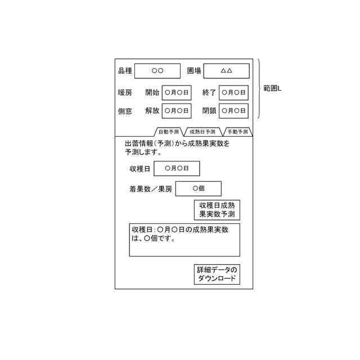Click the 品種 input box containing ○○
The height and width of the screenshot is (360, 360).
(x=157, y=71)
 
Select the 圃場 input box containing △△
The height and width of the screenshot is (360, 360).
(x=226, y=71)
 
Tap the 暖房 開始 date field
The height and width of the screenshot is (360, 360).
(x=177, y=93)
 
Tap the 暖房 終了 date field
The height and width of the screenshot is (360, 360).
(x=233, y=93)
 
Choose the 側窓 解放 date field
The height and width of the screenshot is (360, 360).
(x=177, y=111)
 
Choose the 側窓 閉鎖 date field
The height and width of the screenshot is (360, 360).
(x=233, y=111)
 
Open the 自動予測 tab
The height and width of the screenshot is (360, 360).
(x=168, y=132)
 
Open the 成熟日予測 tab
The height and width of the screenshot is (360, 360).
(x=202, y=132)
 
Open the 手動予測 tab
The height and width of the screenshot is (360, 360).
(x=237, y=132)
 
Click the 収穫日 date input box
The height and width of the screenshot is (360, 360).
(x=177, y=168)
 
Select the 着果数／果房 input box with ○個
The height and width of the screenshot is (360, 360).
(x=199, y=189)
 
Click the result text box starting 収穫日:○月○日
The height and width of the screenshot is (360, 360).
(x=184, y=240)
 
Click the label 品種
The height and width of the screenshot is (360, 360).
(x=125, y=71)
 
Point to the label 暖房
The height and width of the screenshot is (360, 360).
(x=125, y=93)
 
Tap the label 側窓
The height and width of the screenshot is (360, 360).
(x=125, y=111)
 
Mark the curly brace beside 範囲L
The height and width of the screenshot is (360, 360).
(x=259, y=89)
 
